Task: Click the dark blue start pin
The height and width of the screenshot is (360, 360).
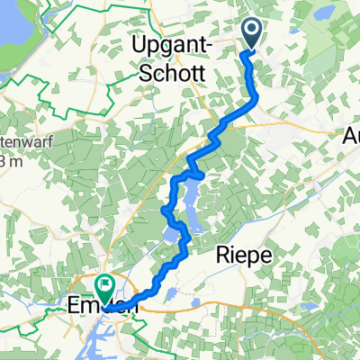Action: (x=251, y=34)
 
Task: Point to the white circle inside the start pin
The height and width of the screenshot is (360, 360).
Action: (x=251, y=32)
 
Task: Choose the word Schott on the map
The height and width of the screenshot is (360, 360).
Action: (x=166, y=72)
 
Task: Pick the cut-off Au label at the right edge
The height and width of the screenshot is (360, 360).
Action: (x=352, y=137)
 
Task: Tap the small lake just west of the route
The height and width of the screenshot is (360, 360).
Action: (x=171, y=237)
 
